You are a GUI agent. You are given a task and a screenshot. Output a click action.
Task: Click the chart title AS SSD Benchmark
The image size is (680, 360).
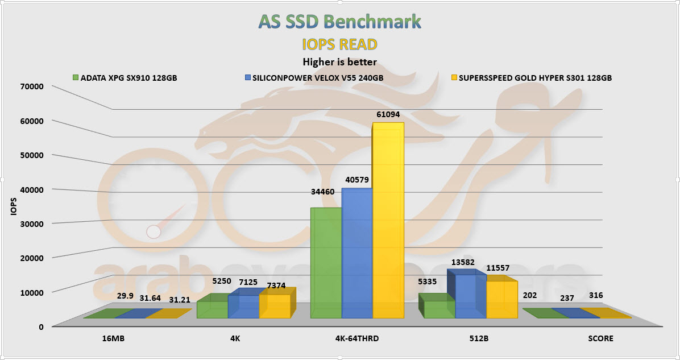(340, 22)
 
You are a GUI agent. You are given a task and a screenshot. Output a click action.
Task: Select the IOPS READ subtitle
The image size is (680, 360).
(340, 44)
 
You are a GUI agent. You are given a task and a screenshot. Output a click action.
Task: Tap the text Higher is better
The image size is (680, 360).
(339, 61)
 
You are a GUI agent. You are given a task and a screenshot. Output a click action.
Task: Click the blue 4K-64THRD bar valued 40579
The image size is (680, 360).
(356, 253)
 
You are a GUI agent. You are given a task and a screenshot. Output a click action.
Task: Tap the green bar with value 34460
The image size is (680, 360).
(326, 263)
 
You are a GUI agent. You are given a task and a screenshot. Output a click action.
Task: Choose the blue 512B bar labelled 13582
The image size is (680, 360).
(470, 296)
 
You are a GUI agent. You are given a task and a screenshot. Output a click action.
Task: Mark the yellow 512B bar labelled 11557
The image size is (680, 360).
(501, 299)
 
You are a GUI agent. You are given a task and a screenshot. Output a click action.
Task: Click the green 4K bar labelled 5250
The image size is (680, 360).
(212, 309)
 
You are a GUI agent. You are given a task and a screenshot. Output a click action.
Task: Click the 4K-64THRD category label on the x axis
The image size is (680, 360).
(358, 338)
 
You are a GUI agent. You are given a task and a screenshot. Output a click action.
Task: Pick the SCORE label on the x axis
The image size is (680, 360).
(601, 338)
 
